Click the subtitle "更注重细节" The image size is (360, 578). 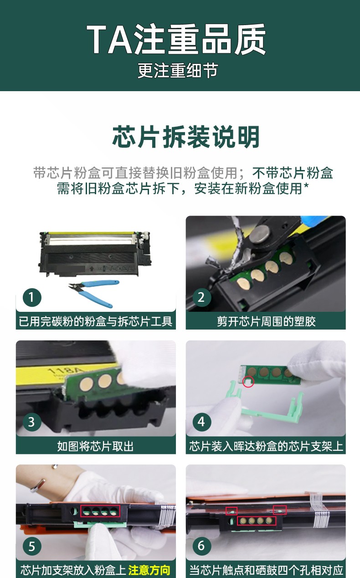point(178,71)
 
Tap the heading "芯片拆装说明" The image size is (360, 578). point(186,137)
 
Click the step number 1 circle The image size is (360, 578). point(31,298)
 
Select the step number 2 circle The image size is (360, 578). point(201,298)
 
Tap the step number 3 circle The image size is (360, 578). point(31,422)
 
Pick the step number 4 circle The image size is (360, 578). point(201,422)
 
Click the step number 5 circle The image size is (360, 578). point(31,546)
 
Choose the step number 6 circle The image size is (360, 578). point(201,546)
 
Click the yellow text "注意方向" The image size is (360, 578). point(149,570)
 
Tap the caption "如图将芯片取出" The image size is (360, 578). point(96,446)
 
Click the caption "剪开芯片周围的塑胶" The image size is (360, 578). point(266,321)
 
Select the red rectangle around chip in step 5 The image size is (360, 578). point(100,511)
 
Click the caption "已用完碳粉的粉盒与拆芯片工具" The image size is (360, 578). point(96,321)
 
